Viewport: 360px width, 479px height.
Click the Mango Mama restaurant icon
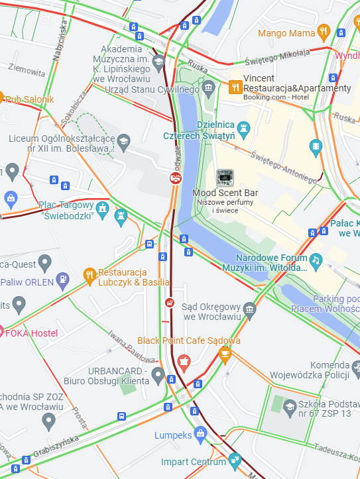(x=324, y=31)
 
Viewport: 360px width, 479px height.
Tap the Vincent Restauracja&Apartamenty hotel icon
(x=235, y=87)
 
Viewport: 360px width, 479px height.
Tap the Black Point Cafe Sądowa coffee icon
(x=225, y=354)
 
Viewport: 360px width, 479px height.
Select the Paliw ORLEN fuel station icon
(x=63, y=281)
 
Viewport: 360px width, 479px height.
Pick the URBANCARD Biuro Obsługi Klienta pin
(x=158, y=376)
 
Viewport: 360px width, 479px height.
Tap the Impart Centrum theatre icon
(x=234, y=460)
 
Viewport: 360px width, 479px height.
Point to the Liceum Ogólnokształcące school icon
(x=123, y=140)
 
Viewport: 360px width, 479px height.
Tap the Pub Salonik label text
(x=30, y=99)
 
